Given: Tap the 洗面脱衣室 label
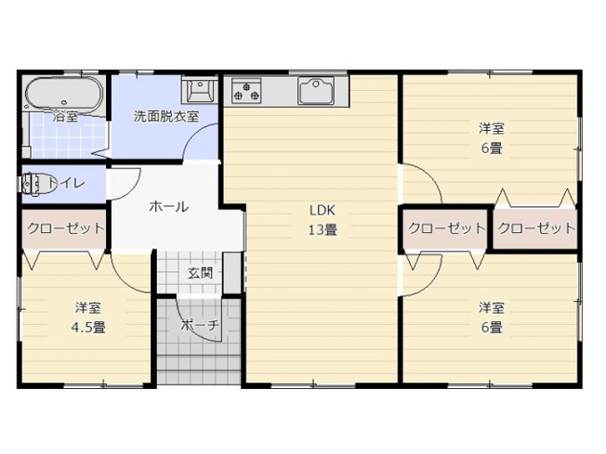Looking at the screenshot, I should point(165,116).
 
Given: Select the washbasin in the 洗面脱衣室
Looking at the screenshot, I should point(199,90).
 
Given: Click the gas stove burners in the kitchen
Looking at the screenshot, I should point(246,91).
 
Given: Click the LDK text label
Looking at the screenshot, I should point(323,210).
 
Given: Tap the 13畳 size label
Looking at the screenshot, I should point(323,229).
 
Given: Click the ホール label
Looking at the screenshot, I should point(169,206).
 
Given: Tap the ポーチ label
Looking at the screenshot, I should point(199,325).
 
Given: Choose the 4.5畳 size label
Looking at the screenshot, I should point(88,327).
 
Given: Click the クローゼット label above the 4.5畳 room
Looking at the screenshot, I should point(64,228).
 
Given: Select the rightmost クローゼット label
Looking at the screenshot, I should point(535,228).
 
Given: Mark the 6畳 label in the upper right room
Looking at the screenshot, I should point(492,147).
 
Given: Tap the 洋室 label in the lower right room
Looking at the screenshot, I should point(492,307).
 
